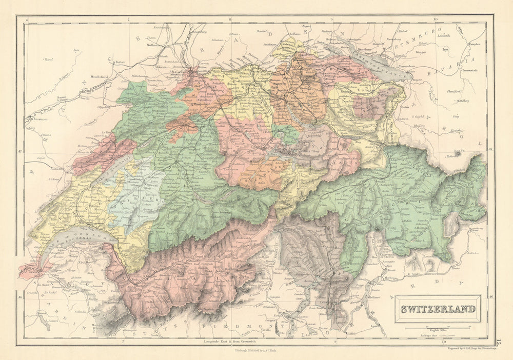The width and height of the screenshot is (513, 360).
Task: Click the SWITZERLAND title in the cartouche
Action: tap(438, 309)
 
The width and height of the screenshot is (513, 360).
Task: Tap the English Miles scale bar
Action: tap(438, 327)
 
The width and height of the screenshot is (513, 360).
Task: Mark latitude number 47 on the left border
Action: tap(21, 151)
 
